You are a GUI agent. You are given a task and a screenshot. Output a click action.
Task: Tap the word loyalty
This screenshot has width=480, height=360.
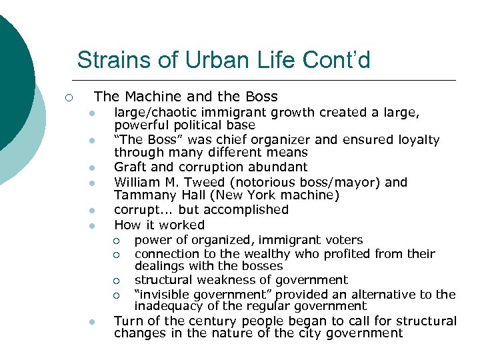pyautogui.click(x=415, y=139)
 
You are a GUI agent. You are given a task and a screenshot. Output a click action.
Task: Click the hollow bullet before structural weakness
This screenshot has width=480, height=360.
pyautogui.click(x=115, y=281)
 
